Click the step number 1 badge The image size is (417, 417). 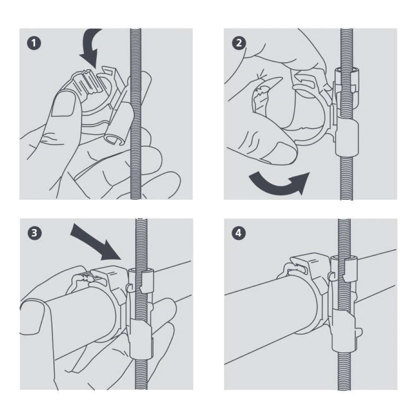[x=34, y=43]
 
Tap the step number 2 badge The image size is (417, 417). [x=239, y=43]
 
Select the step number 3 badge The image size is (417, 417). [x=35, y=233]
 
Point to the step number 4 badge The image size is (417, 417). [x=239, y=233]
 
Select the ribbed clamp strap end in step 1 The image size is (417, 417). [x=86, y=81]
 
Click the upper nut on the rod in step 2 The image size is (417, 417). [x=347, y=80]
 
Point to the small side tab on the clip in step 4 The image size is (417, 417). [x=359, y=332]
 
